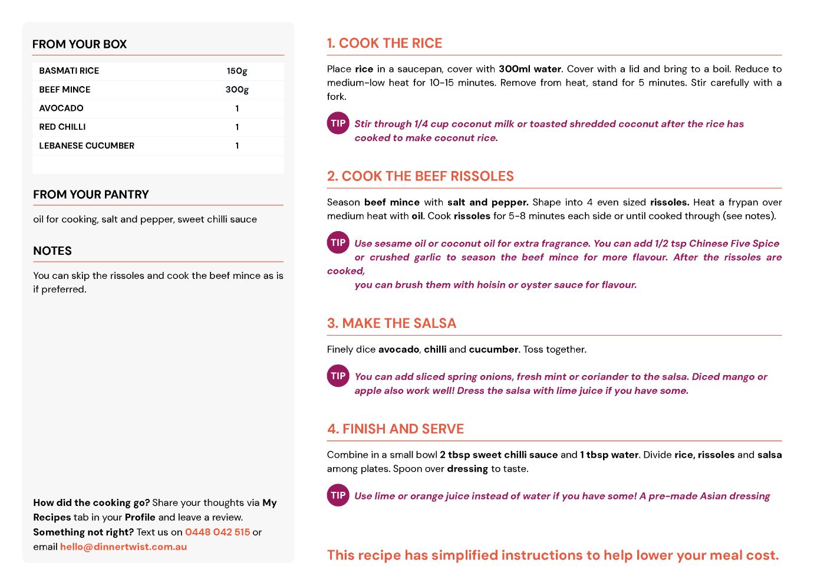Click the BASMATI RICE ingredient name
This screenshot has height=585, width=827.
tap(69, 71)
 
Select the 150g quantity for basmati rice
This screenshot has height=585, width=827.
tap(237, 71)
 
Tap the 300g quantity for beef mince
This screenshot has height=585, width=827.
tap(237, 90)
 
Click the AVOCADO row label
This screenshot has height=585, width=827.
tap(61, 109)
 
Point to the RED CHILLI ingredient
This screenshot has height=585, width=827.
tap(62, 127)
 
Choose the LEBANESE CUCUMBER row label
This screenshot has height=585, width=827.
tap(87, 146)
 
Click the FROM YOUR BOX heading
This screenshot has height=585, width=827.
tap(80, 44)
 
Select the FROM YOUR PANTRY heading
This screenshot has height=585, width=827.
tap(91, 195)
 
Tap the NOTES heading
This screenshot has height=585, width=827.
tap(52, 251)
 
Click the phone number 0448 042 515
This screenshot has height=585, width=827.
tap(218, 532)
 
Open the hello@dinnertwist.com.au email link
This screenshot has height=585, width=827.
tap(123, 547)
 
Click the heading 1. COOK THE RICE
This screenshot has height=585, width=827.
tap(384, 43)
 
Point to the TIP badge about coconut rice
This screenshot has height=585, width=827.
tap(338, 123)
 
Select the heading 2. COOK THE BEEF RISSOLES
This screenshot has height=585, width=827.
tap(420, 176)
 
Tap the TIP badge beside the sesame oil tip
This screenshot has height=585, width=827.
tap(338, 242)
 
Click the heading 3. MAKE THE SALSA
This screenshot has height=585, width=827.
tap(391, 323)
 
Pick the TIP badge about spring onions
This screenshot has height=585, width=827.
tap(338, 376)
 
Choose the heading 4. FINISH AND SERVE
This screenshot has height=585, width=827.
tap(396, 429)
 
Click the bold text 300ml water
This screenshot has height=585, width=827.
tap(529, 69)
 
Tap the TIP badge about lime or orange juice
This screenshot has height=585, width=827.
tap(338, 495)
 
